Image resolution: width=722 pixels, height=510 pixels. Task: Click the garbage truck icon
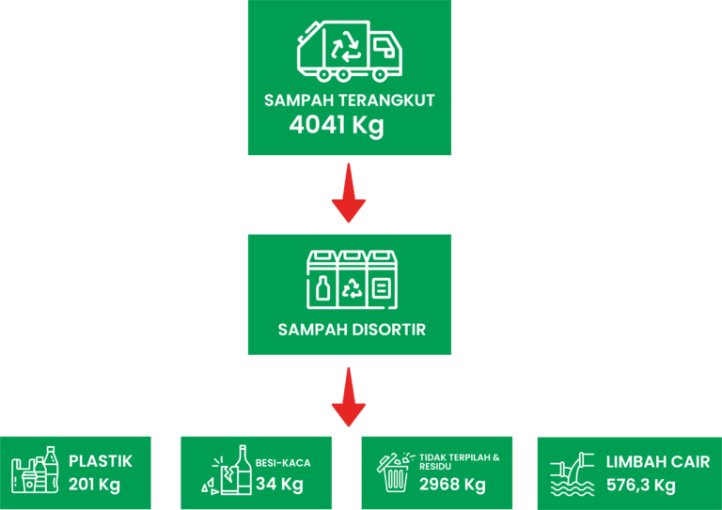[x=350, y=50]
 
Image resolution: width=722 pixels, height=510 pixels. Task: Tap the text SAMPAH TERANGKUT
[x=350, y=100]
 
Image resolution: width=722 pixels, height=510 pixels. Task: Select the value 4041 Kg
[x=337, y=125]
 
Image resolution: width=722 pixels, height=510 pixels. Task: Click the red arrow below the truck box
[x=349, y=193]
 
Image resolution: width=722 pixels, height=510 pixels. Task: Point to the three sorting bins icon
[x=352, y=280]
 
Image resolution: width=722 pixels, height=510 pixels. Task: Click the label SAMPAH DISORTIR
[x=352, y=330]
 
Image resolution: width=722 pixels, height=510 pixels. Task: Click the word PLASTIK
[x=101, y=461]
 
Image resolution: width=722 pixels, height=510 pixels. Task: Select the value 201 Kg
[x=94, y=485]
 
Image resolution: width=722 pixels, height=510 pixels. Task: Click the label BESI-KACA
[x=283, y=463]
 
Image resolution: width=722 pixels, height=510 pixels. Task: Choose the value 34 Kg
[x=279, y=485]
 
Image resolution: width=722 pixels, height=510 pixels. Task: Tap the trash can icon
[x=396, y=471]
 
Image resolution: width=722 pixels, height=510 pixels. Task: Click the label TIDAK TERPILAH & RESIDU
[x=459, y=461]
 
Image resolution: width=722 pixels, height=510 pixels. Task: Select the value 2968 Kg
[x=452, y=485]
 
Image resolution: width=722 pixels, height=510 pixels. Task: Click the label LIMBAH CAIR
[x=657, y=462]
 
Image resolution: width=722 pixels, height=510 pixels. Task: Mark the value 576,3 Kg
[x=640, y=485]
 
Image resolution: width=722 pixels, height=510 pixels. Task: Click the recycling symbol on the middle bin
[x=352, y=287]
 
